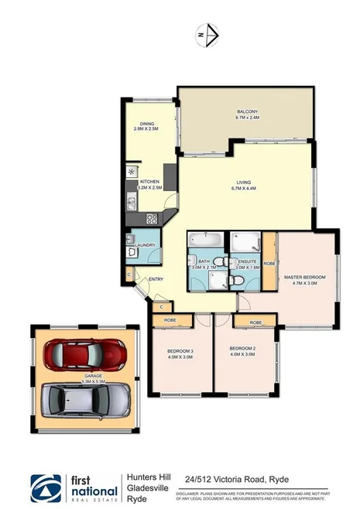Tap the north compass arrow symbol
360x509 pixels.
click(x=208, y=33)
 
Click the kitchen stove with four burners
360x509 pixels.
click(x=152, y=218)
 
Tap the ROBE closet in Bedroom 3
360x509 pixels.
click(x=170, y=319)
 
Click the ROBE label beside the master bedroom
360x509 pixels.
click(x=269, y=263)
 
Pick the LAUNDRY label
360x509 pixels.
click(x=146, y=245)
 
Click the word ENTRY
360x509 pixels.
click(x=156, y=279)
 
